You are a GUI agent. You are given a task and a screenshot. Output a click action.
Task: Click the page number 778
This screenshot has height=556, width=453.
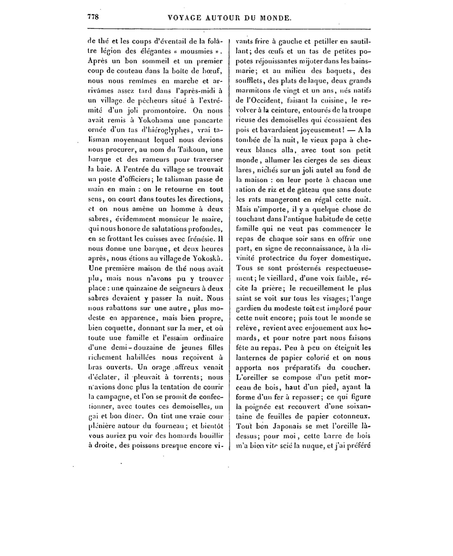[93, 17]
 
